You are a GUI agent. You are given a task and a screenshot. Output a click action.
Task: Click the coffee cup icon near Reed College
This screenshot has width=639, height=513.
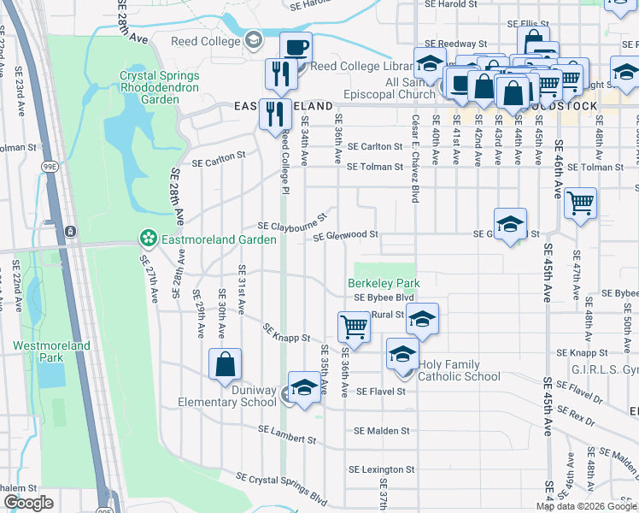(x=296, y=47)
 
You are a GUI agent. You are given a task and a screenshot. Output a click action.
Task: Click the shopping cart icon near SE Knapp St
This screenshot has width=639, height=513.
(x=354, y=325)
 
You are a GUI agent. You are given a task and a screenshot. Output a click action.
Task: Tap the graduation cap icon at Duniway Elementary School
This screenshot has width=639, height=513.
(x=304, y=386)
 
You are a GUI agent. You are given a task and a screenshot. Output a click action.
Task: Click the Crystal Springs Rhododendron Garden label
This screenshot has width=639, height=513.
(x=159, y=87)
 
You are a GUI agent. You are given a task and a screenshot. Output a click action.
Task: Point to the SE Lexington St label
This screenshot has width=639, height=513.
(x=381, y=469)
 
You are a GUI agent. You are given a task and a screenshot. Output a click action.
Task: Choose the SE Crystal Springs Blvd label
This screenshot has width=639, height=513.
(x=282, y=488)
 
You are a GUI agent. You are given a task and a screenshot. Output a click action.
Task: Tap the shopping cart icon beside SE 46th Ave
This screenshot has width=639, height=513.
(x=580, y=203)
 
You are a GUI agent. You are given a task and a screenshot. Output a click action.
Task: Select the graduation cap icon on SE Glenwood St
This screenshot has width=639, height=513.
(x=510, y=223)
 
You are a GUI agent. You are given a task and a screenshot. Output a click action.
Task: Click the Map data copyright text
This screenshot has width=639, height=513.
(x=585, y=506)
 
